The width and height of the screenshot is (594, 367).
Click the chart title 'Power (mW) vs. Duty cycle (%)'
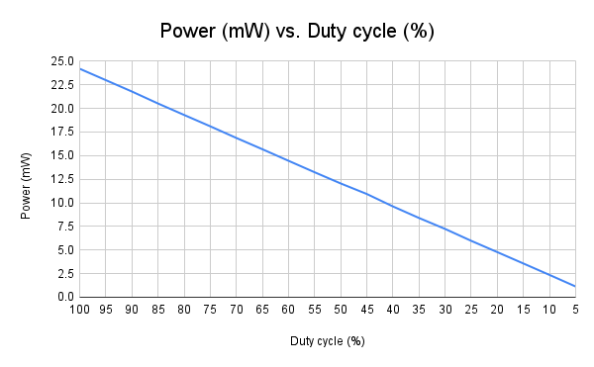point(297,31)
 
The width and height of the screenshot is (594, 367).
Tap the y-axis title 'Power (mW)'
point(27,179)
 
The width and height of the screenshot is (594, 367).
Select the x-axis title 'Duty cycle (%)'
point(328,342)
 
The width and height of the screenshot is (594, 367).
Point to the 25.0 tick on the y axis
point(61,61)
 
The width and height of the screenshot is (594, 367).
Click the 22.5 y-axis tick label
point(61,85)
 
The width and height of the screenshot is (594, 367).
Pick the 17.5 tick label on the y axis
point(61,132)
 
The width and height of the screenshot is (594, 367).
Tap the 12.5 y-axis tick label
point(61,179)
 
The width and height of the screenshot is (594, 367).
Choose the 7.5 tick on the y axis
point(64,227)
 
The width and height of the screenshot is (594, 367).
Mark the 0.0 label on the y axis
point(64,297)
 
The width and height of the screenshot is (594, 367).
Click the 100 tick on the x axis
point(79,311)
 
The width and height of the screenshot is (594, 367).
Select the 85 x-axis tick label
point(157,311)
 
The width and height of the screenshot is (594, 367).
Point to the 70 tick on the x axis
point(236,311)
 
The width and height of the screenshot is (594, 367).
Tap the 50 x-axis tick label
point(341,311)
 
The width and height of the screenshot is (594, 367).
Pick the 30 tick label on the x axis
point(445,311)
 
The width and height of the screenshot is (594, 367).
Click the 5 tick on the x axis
point(575,311)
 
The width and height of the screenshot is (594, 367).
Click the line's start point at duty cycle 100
point(79,68)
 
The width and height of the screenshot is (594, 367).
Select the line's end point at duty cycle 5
point(575,286)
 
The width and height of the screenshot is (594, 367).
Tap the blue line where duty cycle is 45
point(366,194)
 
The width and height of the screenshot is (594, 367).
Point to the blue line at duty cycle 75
point(210,126)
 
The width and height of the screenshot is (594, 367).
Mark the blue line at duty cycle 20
point(497,252)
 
